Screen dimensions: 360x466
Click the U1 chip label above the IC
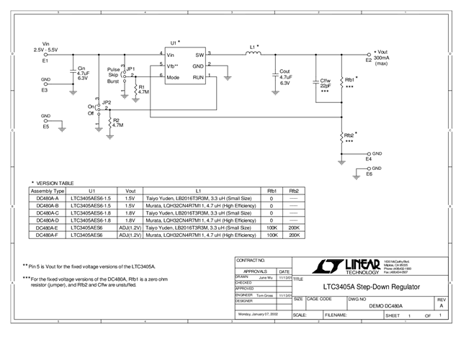[174, 43]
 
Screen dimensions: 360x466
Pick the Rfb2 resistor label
[349, 136]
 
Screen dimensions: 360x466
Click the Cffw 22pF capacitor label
[326, 84]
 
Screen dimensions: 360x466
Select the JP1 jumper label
[130, 68]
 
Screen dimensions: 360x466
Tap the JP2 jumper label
[107, 103]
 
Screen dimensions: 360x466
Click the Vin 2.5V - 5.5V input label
[45, 47]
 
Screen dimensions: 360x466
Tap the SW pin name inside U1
[200, 55]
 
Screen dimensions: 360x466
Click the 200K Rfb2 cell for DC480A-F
[293, 235]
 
